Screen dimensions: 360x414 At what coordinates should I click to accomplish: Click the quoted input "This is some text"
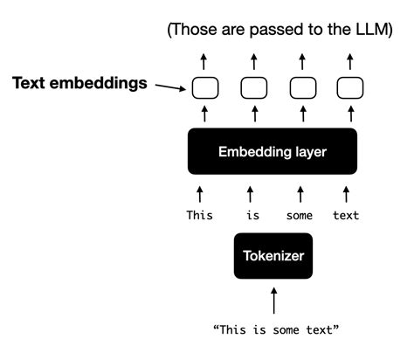pos(275,330)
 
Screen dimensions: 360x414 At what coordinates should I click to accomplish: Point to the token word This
pos(199,214)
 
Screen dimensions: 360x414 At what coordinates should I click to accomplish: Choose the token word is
pos(250,214)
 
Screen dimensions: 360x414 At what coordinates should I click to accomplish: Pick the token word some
pos(300,214)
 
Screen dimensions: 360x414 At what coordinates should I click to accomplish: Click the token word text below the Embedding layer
pos(348,214)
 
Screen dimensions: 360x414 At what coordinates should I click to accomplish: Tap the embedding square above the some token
pos(301,87)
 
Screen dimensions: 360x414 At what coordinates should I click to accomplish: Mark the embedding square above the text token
pos(349,87)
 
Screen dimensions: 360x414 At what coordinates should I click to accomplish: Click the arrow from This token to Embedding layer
pos(200,190)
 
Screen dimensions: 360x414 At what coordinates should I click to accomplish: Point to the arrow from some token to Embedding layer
pos(300,190)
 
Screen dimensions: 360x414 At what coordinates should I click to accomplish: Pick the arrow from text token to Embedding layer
pos(349,190)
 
